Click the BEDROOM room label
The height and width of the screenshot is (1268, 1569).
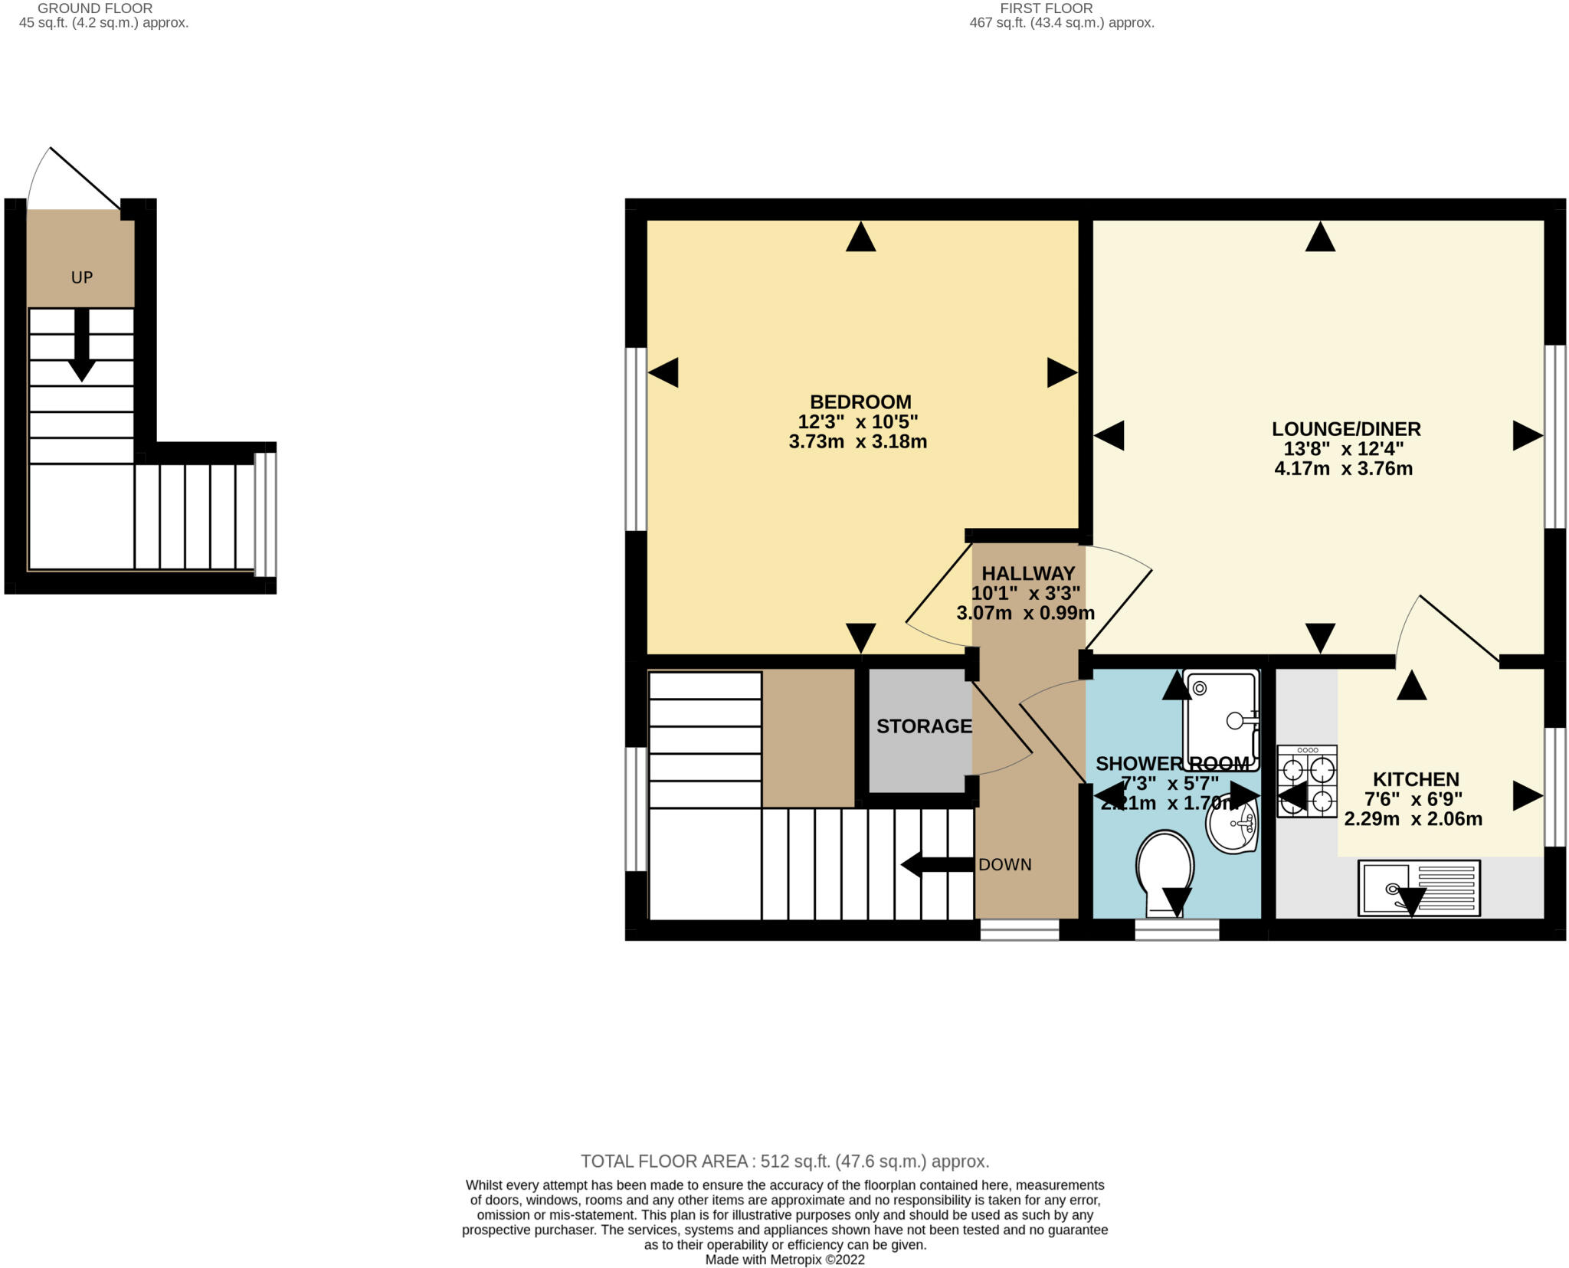click(860, 401)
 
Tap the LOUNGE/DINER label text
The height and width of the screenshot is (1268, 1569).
click(1346, 429)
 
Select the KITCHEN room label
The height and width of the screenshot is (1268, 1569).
click(1415, 779)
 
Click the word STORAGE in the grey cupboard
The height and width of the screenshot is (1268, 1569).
click(923, 726)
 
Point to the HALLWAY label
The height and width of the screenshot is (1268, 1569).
click(1028, 573)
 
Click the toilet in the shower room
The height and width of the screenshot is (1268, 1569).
click(1164, 870)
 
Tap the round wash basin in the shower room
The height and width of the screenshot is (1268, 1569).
click(1232, 825)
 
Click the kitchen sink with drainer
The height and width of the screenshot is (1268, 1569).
click(1418, 888)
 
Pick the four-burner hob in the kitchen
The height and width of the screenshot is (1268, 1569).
click(1306, 780)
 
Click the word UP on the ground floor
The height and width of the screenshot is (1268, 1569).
click(82, 277)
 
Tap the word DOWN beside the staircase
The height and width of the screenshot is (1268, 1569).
click(1004, 865)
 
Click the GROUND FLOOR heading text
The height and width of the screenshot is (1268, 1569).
click(95, 8)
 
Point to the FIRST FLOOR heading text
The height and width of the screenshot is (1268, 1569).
click(1046, 8)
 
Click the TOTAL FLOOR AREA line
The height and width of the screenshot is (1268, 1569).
click(784, 1162)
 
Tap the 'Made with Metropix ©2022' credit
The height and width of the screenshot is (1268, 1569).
click(784, 1260)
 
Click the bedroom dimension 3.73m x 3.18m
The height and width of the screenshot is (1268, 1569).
click(857, 442)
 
